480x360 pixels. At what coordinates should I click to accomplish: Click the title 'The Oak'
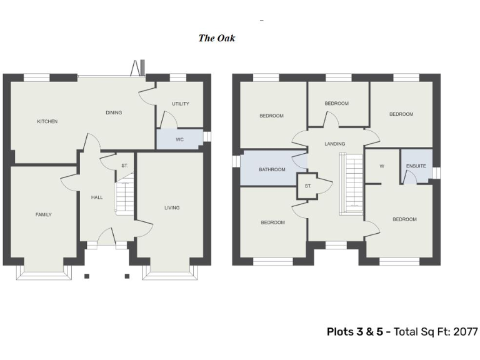point(216,38)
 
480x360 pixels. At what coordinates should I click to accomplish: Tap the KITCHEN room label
point(47,121)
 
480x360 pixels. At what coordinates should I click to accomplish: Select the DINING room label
point(114,112)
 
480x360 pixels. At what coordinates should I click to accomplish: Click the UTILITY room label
point(180,104)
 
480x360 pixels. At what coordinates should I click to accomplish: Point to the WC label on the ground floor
point(179,139)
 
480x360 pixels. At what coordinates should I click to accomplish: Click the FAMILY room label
point(43,214)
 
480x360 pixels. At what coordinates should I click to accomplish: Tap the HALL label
point(97,197)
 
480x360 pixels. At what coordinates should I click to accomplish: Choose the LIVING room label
point(172,207)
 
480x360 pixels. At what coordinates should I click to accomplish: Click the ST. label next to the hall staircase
point(125,166)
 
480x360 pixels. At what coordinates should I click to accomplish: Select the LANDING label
point(334,144)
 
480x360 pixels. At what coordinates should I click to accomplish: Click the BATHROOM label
point(272,169)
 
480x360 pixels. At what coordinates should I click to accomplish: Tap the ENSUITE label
point(416,166)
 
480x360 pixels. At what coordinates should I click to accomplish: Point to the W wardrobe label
point(381,166)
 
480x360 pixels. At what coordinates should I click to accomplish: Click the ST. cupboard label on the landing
point(307,186)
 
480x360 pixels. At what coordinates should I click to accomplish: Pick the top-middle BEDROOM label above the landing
point(336,103)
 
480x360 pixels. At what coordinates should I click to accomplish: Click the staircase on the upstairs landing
point(351,184)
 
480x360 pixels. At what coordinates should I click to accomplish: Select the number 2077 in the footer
point(464,332)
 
